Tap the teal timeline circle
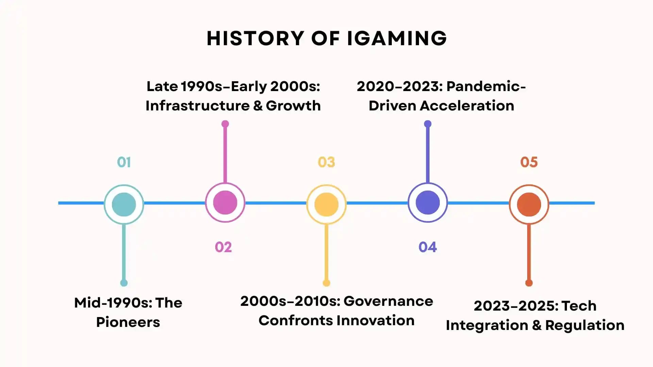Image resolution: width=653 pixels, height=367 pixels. click(124, 204)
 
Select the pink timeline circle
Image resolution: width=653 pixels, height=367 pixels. click(225, 203)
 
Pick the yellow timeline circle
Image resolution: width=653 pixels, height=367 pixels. click(326, 204)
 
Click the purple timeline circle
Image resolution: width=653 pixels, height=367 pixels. click(428, 203)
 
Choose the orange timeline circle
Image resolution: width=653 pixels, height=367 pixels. click(529, 204)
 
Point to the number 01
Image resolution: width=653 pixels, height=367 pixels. click(124, 162)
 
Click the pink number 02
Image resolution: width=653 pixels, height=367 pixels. click(223, 247)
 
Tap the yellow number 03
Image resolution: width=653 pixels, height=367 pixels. click(326, 162)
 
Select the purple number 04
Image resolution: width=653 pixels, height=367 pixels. click(428, 247)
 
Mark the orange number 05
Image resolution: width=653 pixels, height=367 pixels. click(529, 162)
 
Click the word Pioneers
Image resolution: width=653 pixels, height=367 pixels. click(128, 322)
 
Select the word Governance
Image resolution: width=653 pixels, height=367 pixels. click(388, 301)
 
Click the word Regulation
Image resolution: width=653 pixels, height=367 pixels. click(585, 325)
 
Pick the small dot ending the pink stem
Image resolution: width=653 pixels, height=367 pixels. click(225, 124)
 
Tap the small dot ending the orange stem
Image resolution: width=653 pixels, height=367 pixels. click(529, 283)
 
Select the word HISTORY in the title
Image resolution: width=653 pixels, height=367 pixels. click(255, 38)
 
